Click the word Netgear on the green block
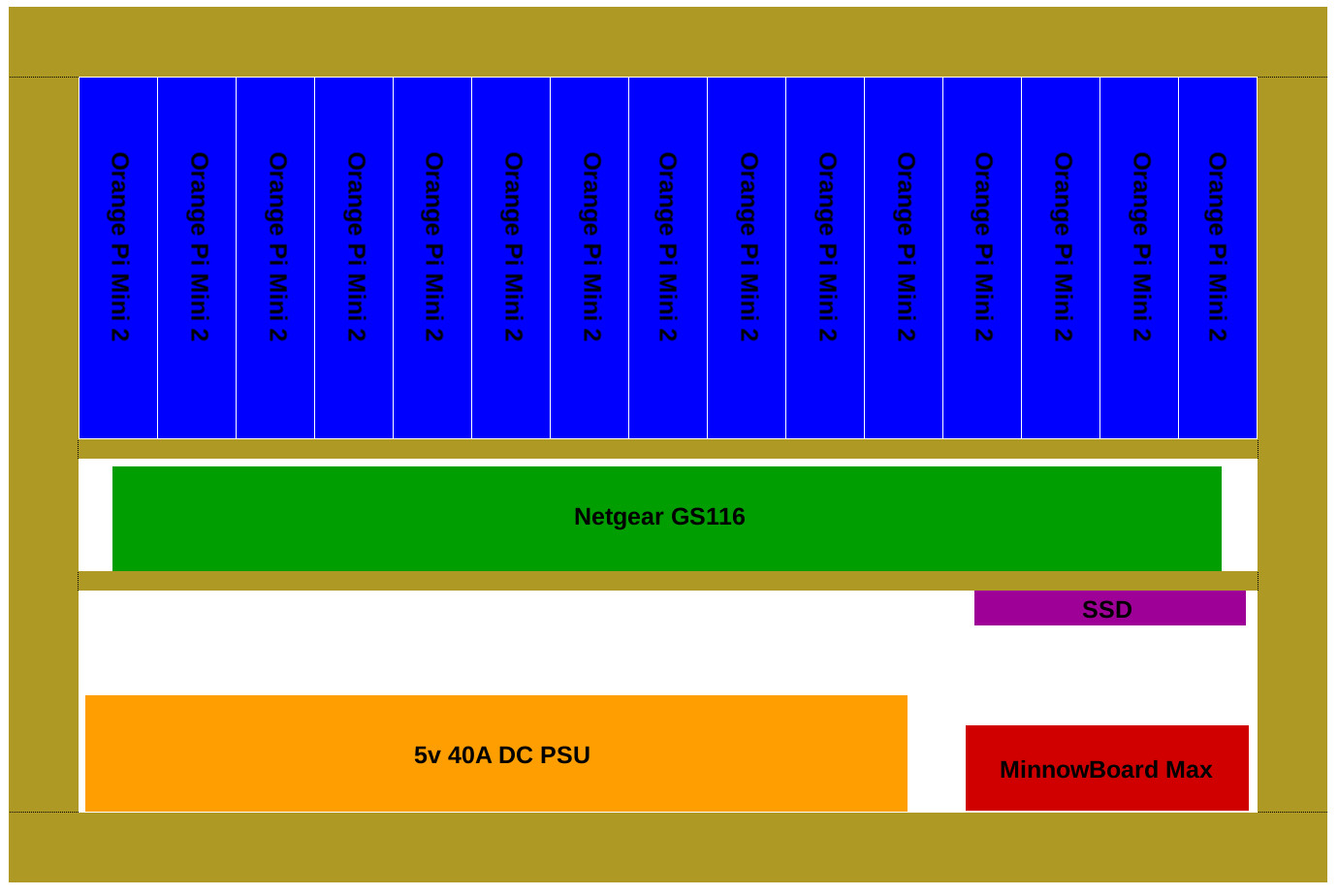coord(619,517)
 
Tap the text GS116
coord(709,517)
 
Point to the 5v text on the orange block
coord(427,755)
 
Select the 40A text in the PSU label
coord(469,755)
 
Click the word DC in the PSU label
coord(516,755)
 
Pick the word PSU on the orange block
coord(565,755)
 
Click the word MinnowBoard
coord(1079,770)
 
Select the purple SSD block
coord(1110,609)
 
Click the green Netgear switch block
coord(667,519)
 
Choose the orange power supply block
coord(496,753)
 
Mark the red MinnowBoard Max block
coord(1107,769)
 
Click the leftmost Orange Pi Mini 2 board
coord(118,258)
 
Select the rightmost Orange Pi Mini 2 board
coord(1218,258)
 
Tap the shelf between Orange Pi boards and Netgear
coord(668,449)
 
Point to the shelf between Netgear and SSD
coord(668,581)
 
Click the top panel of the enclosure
coord(668,42)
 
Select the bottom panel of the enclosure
coord(668,848)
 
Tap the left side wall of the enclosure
coord(44,445)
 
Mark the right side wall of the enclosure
coord(1292,445)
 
